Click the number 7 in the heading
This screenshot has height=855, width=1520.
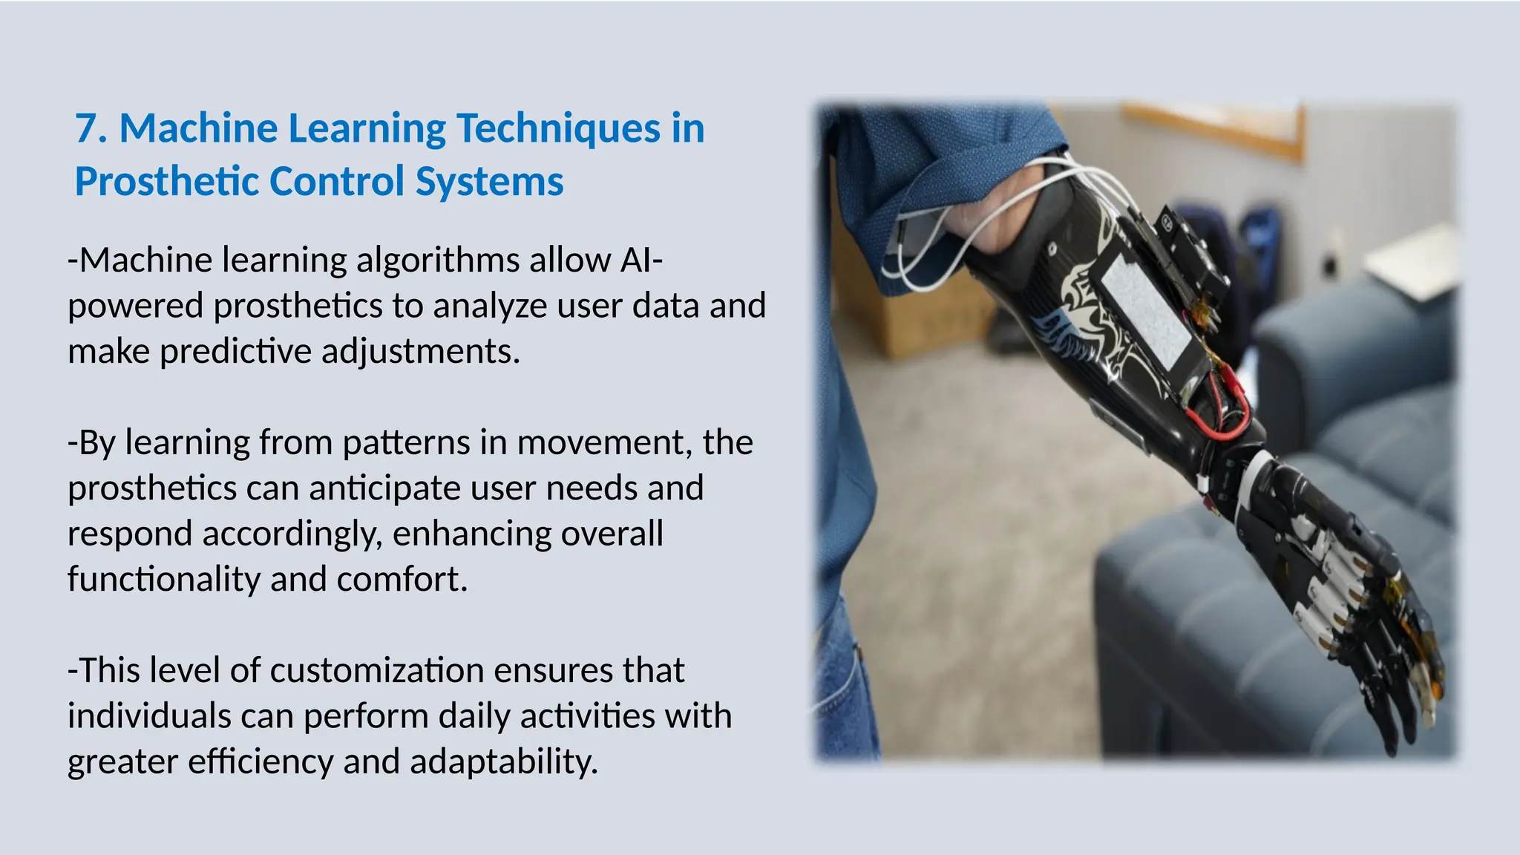88,128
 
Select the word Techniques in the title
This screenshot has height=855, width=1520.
557,128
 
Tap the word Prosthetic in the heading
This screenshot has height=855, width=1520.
166,182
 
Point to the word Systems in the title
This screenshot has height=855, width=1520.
489,182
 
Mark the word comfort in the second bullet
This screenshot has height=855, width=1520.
402,580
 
